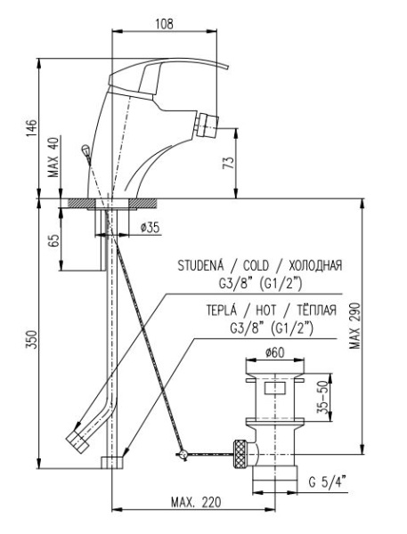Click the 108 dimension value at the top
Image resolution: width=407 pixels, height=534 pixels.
click(164, 24)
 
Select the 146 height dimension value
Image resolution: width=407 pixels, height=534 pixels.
click(31, 127)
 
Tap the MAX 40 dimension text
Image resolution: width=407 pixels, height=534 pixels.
click(53, 157)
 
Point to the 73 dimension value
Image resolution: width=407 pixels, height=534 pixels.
click(230, 163)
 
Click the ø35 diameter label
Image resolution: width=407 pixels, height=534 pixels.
click(150, 227)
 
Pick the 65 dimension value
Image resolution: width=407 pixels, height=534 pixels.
click(54, 240)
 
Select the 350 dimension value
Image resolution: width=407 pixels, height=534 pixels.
click(31, 340)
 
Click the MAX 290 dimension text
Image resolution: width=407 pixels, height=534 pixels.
click(354, 326)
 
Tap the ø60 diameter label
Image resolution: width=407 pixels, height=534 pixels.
click(274, 352)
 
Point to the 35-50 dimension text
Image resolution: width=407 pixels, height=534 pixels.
click(322, 397)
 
